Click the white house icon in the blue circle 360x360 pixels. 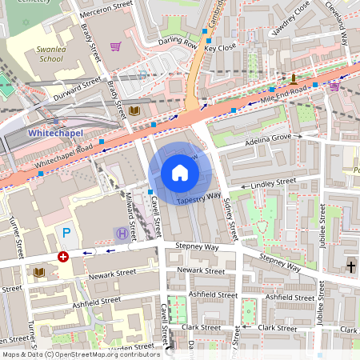180,173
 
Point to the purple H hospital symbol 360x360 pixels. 121,233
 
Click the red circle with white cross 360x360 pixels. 63,257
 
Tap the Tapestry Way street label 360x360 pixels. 198,196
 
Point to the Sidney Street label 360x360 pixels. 231,219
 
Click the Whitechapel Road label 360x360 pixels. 63,149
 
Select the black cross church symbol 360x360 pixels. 351,266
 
